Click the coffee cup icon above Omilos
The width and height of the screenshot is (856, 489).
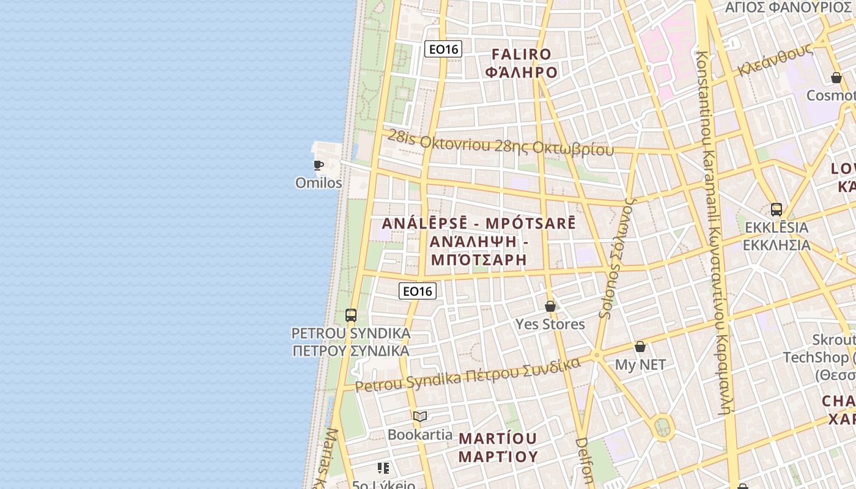[x=319, y=165]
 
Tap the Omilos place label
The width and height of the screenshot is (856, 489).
[x=319, y=183]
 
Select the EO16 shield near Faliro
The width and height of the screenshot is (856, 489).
[x=443, y=49]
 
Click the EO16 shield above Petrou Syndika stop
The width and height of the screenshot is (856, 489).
[x=418, y=291]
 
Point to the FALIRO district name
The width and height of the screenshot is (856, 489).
[x=522, y=54]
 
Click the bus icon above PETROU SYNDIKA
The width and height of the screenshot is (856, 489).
[x=351, y=315]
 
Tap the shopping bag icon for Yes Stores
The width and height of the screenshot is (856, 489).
[x=550, y=306]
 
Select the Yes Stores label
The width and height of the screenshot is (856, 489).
[x=550, y=324]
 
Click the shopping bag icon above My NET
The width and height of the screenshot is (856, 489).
[x=640, y=347]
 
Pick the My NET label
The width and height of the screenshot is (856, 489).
[x=640, y=365]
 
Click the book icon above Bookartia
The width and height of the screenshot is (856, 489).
[x=419, y=417]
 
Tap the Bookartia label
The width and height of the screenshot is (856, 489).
[x=420, y=435]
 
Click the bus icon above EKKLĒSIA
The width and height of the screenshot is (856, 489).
[x=777, y=210]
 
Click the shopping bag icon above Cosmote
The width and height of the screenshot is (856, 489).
[x=836, y=78]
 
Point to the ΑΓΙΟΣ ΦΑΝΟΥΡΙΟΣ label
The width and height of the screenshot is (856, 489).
[x=788, y=7]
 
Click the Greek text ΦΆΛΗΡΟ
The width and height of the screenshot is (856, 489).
[x=522, y=72]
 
